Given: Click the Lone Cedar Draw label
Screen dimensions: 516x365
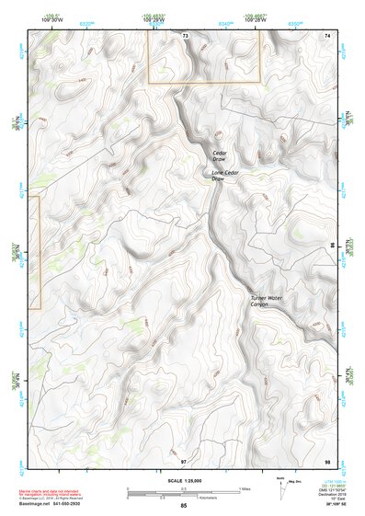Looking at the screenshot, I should coord(220,175).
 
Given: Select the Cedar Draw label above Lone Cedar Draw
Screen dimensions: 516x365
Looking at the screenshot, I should coord(220,155).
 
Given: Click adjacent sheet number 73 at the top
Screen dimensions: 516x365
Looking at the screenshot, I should coord(185,35).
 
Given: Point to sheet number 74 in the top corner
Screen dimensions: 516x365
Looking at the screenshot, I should coord(326,35).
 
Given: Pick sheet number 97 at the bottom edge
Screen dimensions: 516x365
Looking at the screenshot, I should coord(183,460).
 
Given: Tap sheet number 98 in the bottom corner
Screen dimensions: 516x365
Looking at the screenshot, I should coord(326,460).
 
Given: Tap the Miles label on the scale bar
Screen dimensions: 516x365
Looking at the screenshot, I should coord(244,487).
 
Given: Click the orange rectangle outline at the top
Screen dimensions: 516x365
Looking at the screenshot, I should coord(205,56).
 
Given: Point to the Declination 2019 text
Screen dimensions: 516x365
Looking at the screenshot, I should coord(325,494).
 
